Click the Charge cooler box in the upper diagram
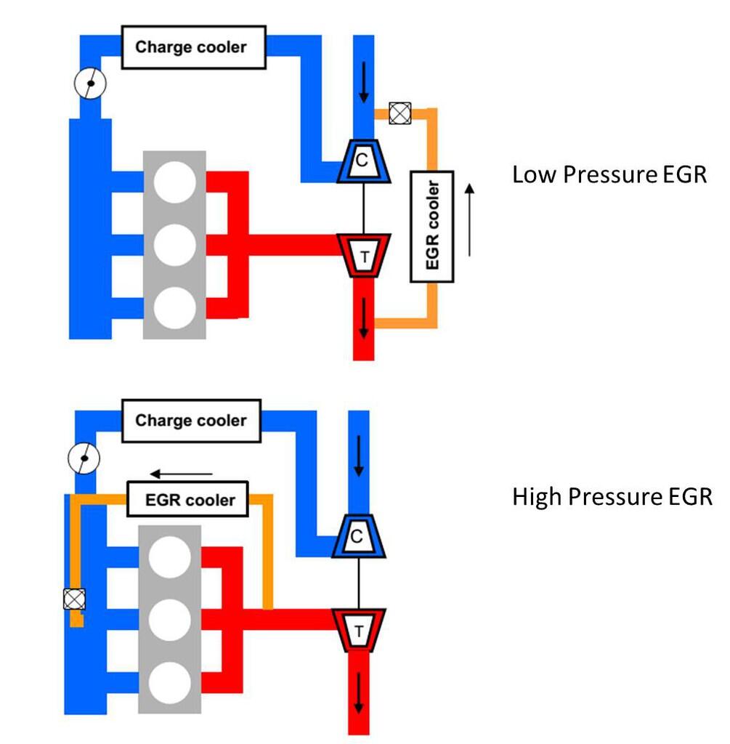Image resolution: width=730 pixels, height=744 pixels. click(192, 48)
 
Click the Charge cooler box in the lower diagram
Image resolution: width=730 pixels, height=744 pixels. click(191, 421)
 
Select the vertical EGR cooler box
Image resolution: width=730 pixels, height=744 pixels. click(432, 227)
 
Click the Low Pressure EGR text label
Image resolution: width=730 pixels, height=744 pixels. click(609, 175)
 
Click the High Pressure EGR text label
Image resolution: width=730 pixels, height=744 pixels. click(612, 497)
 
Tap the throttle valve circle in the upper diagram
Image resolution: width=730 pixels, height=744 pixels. click(91, 84)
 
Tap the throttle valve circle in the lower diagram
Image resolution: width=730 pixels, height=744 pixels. click(84, 458)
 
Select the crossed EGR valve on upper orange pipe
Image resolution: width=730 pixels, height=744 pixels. click(398, 113)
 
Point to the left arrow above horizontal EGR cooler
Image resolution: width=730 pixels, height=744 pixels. click(181, 474)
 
